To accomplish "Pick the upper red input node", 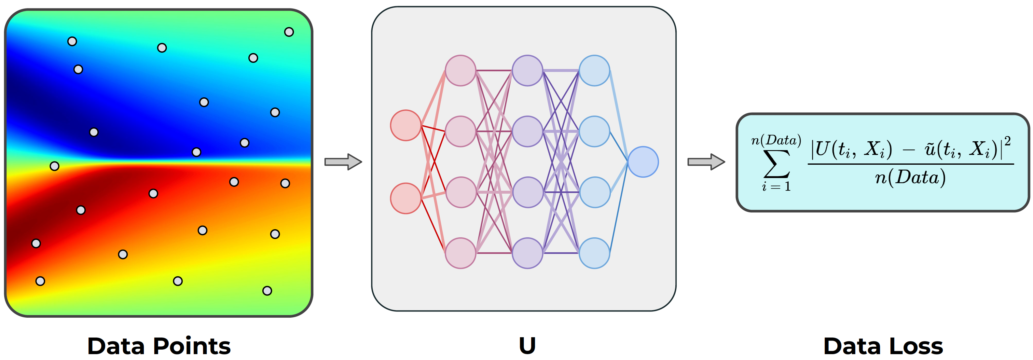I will [406, 125].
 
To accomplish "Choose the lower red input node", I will [406, 198].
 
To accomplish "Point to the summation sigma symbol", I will [776, 164].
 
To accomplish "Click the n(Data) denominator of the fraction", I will [910, 177].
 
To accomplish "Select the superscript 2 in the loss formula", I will [1007, 141].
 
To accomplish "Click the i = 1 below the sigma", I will [776, 187].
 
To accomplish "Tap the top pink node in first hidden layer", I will [460, 71].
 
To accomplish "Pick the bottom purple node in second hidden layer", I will [527, 253].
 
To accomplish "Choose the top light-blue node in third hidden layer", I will [594, 71].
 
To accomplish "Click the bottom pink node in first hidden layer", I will [460, 253].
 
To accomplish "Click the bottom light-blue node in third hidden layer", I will [594, 253].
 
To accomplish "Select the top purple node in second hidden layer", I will [527, 71].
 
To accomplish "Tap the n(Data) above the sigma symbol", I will [776, 140].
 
